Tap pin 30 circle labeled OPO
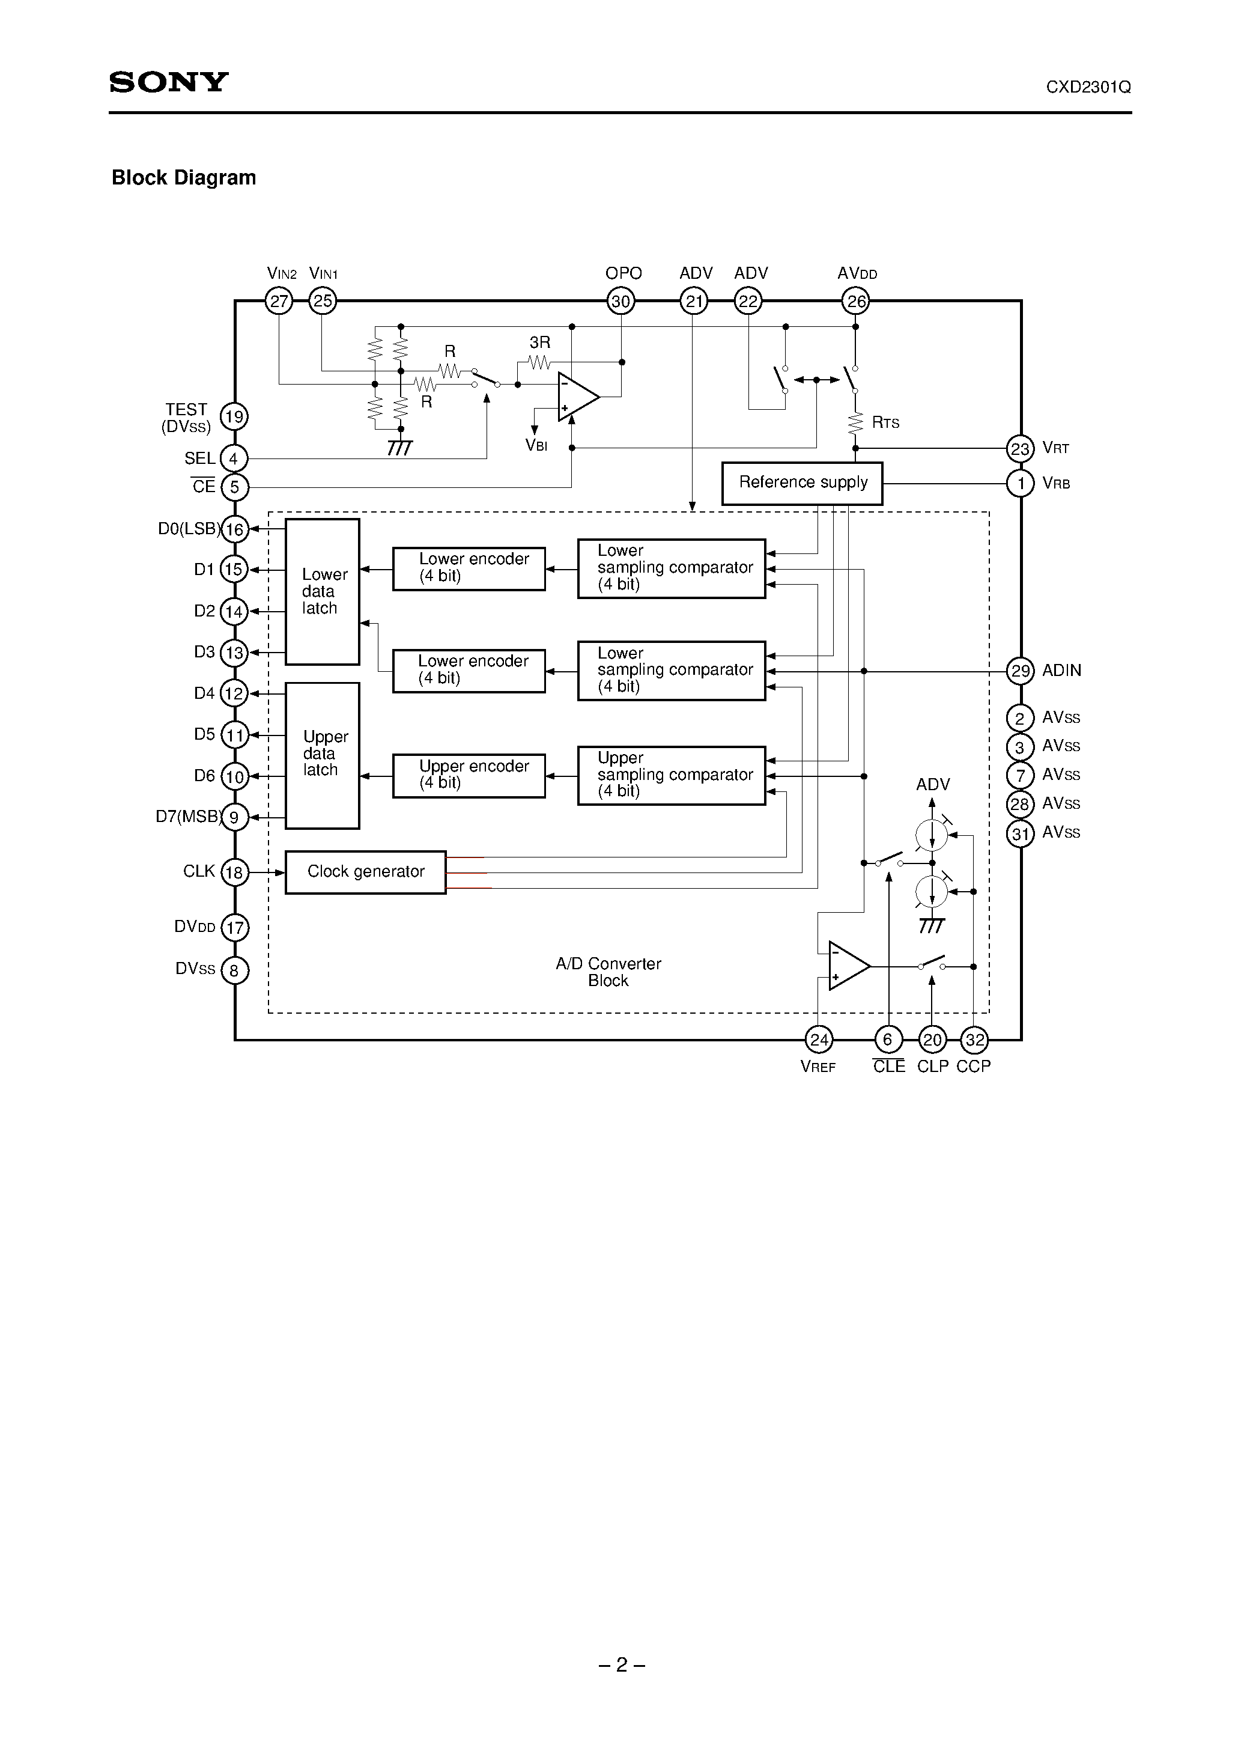pos(620,302)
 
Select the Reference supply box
pos(802,483)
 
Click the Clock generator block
pos(365,872)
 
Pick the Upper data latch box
pos(322,755)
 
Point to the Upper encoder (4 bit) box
pos(469,775)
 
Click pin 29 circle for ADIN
pos(1020,671)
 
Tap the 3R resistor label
pos(539,343)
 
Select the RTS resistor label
pos(885,422)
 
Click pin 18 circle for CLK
pos(234,872)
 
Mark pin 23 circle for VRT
pos(1020,448)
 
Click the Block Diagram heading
pos(184,177)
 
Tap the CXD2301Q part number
pos(1088,87)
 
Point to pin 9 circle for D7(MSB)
pos(234,817)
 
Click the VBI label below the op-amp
pos(536,445)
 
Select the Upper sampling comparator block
pos(671,775)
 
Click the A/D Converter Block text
pos(608,972)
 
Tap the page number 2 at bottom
pos(621,1664)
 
